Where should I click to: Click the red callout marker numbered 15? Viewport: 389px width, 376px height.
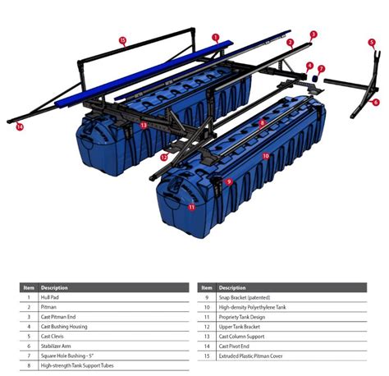click(x=122, y=39)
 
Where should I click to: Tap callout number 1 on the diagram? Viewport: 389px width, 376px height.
click(x=216, y=37)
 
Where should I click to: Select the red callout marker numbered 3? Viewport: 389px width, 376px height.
click(x=313, y=34)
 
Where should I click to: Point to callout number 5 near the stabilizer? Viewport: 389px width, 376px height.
click(x=371, y=43)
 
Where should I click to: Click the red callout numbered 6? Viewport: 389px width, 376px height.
click(x=376, y=103)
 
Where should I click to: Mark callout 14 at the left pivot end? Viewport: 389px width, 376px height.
click(x=20, y=127)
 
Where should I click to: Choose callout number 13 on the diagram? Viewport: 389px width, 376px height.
click(x=143, y=126)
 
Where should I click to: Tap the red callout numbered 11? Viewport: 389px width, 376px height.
click(x=192, y=207)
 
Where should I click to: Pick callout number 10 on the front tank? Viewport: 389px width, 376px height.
click(x=265, y=155)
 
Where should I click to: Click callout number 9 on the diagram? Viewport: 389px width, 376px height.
click(x=229, y=181)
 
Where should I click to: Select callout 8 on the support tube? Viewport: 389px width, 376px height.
click(x=262, y=123)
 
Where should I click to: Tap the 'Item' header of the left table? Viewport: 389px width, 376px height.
click(x=29, y=287)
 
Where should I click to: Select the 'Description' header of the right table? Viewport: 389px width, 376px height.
click(x=232, y=287)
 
